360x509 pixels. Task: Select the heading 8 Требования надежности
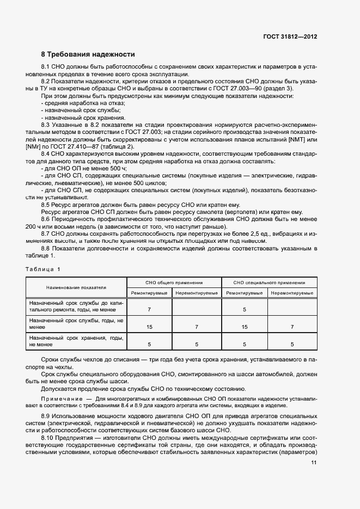click(88, 54)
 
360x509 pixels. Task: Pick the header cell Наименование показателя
click(76, 287)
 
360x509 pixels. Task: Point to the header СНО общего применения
click(174, 283)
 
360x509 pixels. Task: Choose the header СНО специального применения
click(269, 283)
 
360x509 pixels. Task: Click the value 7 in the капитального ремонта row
click(149, 309)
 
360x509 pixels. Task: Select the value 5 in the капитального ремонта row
click(245, 309)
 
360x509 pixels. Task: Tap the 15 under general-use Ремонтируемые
click(149, 327)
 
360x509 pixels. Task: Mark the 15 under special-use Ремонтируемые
click(245, 327)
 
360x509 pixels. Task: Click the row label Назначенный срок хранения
click(76, 341)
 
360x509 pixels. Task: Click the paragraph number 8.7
click(46, 234)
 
